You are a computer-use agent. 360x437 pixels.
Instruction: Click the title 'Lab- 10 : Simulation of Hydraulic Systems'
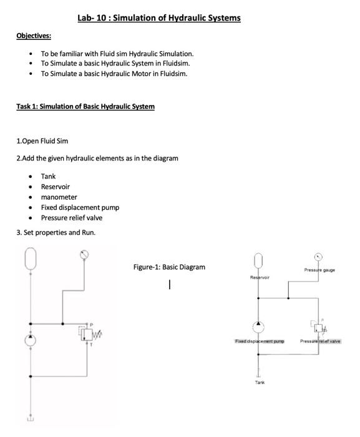click(159, 18)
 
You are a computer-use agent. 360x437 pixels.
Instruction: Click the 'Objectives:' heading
click(34, 36)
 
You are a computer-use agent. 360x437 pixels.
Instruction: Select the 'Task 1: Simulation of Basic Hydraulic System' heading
click(85, 107)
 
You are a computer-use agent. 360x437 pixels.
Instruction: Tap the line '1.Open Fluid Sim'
click(42, 141)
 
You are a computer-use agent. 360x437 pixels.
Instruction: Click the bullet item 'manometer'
click(59, 197)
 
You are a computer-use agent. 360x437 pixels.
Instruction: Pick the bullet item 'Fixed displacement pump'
click(80, 207)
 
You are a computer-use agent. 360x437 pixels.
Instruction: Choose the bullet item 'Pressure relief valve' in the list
click(71, 218)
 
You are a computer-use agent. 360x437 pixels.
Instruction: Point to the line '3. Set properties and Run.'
click(56, 233)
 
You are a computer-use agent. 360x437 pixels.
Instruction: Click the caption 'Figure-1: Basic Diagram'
click(169, 267)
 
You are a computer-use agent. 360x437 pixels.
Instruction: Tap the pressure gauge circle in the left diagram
click(85, 255)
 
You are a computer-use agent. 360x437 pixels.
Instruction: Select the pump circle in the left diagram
click(31, 340)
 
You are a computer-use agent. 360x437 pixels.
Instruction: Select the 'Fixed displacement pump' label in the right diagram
click(260, 341)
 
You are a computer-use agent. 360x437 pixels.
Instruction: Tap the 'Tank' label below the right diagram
click(260, 382)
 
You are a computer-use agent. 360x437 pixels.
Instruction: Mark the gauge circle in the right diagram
click(318, 256)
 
